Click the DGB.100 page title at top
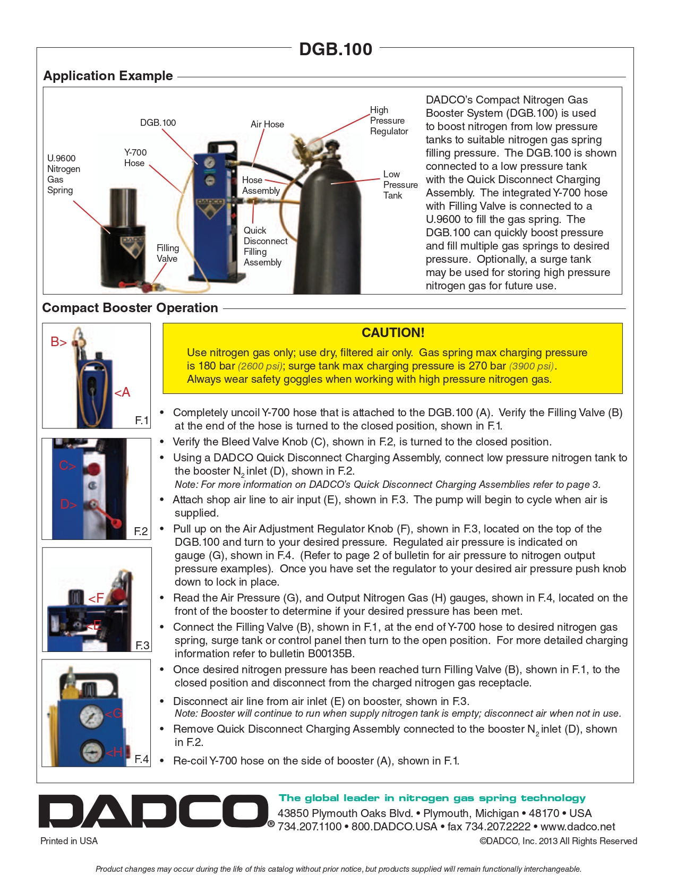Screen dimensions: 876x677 (x=336, y=49)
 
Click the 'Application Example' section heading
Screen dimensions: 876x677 (x=108, y=76)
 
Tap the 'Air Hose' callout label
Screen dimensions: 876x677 (x=267, y=124)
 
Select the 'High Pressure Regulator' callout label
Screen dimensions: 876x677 (x=389, y=121)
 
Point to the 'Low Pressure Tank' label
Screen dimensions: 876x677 (x=400, y=185)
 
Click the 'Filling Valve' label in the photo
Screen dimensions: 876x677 (x=167, y=253)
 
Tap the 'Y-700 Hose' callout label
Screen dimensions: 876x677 (x=135, y=158)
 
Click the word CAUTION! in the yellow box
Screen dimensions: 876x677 (x=393, y=333)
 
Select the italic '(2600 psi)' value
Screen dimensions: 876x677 (x=260, y=366)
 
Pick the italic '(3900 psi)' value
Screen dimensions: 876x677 (x=532, y=366)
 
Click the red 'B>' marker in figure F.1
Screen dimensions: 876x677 (x=58, y=342)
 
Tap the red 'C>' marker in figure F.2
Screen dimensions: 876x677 (x=67, y=466)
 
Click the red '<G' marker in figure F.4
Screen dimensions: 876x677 (x=114, y=714)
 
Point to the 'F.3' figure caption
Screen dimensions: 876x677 (x=142, y=645)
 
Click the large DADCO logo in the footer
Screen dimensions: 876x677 (x=154, y=811)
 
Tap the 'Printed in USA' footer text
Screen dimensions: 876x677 (x=69, y=841)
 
